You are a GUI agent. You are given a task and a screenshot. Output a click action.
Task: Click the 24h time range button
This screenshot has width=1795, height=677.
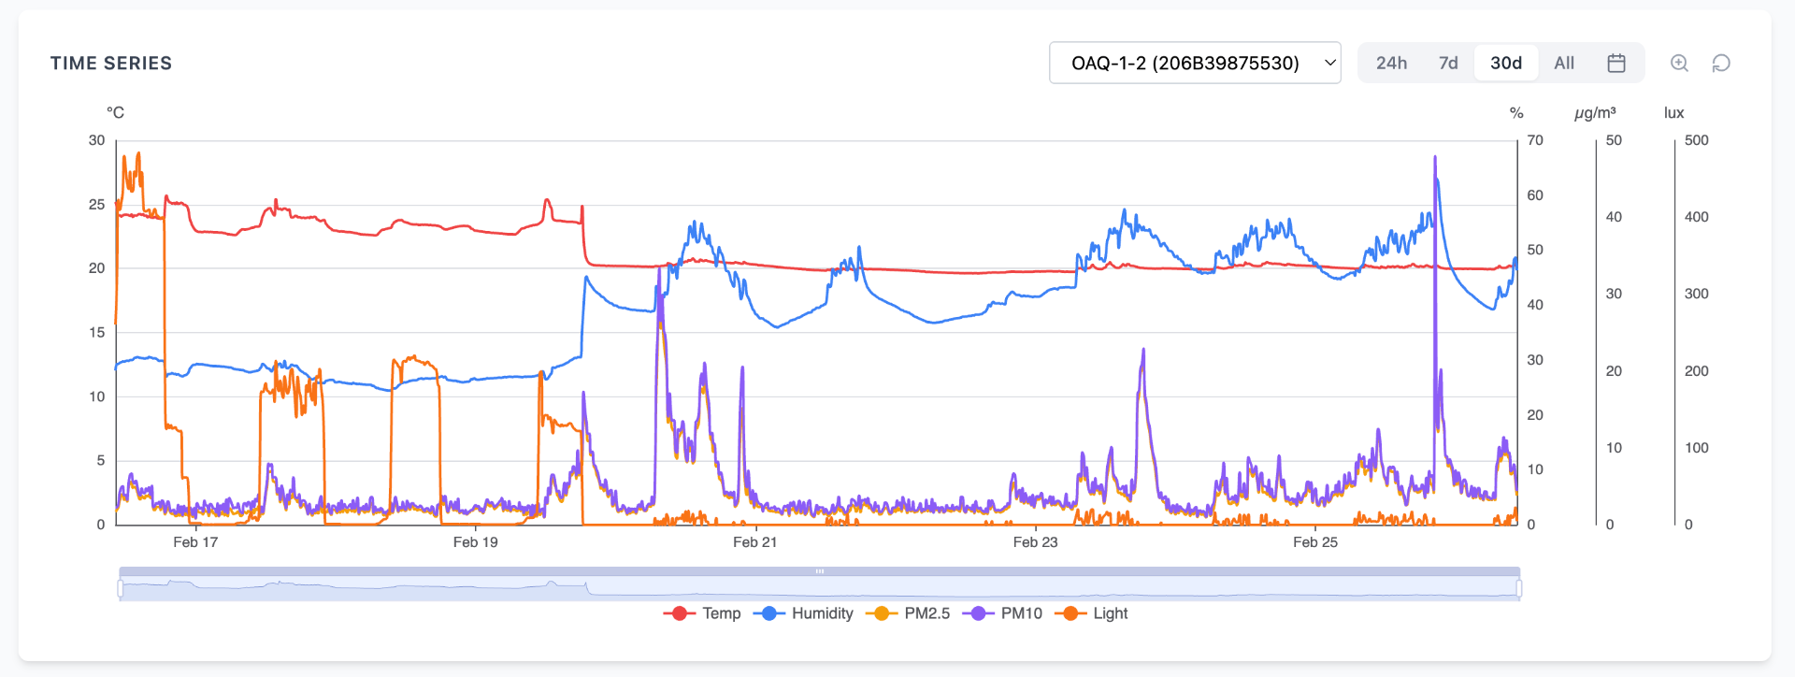(1391, 63)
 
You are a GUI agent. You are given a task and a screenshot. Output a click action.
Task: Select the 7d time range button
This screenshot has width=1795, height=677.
(1448, 63)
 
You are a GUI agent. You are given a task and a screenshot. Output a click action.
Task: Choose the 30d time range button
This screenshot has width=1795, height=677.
(1505, 63)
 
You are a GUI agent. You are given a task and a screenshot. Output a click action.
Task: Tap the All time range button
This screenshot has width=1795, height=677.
(1564, 63)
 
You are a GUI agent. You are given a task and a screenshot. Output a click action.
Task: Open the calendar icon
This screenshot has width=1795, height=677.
(1616, 63)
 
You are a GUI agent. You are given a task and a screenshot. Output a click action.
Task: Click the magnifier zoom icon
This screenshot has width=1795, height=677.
(1679, 63)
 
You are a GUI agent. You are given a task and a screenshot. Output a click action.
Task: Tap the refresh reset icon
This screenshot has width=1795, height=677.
(1721, 63)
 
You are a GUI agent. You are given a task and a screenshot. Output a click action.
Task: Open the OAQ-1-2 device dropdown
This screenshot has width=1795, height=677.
(1195, 63)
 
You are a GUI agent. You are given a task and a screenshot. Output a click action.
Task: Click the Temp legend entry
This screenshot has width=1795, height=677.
(703, 613)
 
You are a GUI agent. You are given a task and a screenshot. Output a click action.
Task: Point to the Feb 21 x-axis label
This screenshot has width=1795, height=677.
(754, 542)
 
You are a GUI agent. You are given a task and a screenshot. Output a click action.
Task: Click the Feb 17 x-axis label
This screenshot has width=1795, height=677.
(195, 542)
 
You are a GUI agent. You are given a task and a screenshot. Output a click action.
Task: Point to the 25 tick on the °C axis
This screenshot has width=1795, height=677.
(96, 205)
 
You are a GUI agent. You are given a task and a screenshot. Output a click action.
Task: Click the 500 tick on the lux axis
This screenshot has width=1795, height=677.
(1696, 140)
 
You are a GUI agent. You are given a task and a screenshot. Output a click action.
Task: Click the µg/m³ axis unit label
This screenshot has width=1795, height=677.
(1595, 113)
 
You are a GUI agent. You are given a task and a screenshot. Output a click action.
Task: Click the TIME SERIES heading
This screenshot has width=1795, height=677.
(111, 64)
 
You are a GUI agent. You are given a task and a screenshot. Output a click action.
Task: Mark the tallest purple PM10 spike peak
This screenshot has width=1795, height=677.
(1435, 158)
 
